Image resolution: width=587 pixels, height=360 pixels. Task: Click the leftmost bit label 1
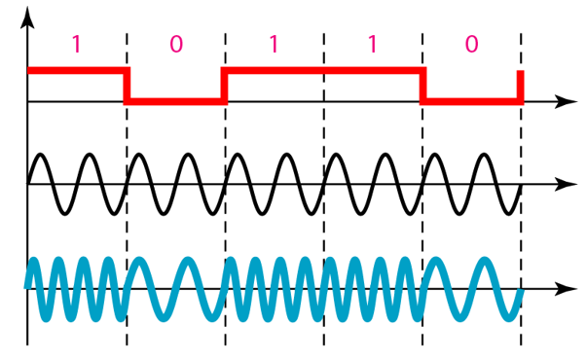click(x=77, y=44)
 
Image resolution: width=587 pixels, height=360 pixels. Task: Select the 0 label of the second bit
click(x=175, y=44)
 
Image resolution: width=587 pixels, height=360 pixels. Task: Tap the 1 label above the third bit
click(x=274, y=44)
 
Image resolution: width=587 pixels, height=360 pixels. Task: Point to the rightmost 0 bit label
click(x=471, y=44)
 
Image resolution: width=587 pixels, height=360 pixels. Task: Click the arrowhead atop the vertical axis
click(x=27, y=18)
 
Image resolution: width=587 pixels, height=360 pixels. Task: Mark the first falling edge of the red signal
click(x=127, y=86)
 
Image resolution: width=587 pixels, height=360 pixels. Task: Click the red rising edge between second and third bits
click(x=225, y=86)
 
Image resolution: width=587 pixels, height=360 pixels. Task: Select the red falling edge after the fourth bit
click(x=422, y=86)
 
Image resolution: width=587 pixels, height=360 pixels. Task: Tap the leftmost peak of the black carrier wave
click(x=40, y=156)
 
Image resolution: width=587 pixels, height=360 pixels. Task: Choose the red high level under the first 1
click(x=77, y=70)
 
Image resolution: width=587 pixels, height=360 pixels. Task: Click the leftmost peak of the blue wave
click(x=34, y=261)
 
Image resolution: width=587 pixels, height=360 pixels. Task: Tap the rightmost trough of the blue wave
click(x=507, y=316)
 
